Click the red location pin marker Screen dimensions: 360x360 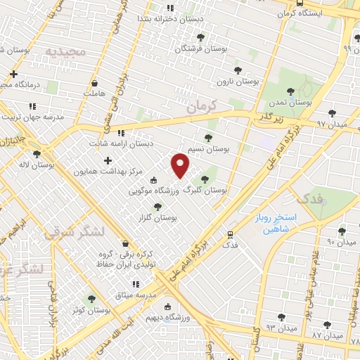[x=181, y=165]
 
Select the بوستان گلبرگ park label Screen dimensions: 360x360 [x=205, y=190]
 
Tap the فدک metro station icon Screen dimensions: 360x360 [x=230, y=235]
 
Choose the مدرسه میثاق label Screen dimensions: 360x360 [x=134, y=293]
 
